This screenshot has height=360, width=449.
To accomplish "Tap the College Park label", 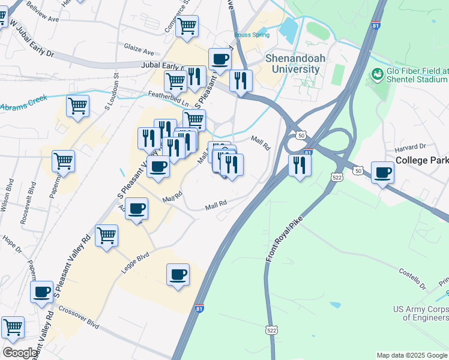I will coord(422,161).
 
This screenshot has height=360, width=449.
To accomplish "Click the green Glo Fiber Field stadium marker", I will coord(378,74).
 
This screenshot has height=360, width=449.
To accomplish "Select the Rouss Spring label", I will coord(252,35).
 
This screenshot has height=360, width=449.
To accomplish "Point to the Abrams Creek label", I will coord(23,106).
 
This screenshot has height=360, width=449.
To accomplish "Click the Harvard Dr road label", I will coord(410,146).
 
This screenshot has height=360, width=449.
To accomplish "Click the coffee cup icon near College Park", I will coord(382,173).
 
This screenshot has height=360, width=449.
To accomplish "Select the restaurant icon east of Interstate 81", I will coord(300,164).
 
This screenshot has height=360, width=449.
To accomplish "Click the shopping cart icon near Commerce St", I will coord(187,26).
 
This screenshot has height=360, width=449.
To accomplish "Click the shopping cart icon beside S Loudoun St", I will coord(77,106).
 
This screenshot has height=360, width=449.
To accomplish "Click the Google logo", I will coord(20,353).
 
